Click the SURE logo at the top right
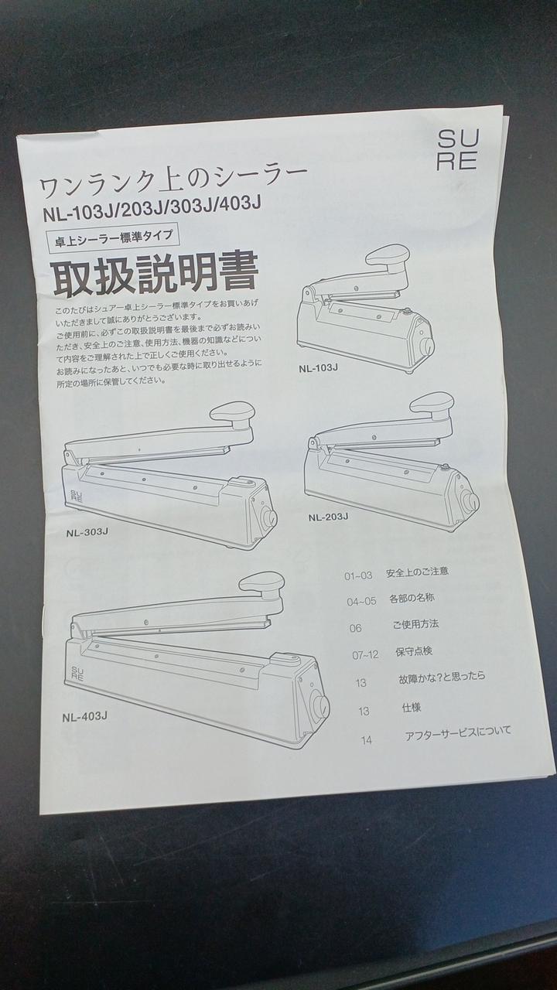457,150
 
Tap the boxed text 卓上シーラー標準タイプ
113,239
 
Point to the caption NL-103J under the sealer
318,367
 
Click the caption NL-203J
328,517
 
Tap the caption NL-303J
87,532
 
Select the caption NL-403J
84,717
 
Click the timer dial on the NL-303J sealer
268,517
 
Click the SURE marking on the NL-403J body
77,674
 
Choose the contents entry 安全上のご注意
417,572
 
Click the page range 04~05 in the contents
361,601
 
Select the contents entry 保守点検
414,651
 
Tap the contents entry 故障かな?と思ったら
442,678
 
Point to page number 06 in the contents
355,628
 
